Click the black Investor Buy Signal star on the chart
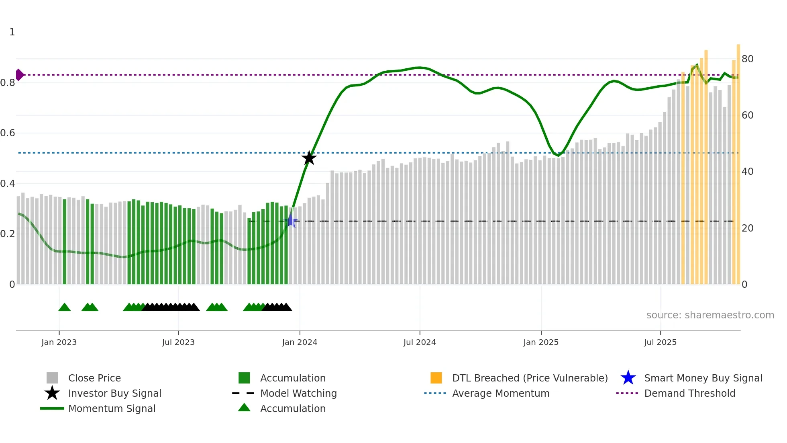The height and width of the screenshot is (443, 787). point(309,158)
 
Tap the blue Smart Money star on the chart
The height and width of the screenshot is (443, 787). point(291,221)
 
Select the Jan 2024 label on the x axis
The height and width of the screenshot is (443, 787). point(300,342)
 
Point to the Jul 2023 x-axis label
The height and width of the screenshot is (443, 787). point(178,342)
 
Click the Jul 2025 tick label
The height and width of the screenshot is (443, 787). point(660,342)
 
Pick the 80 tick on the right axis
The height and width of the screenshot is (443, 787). point(747,59)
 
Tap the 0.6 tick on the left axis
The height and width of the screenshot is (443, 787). point(8,133)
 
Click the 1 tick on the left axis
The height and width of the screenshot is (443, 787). point(12,32)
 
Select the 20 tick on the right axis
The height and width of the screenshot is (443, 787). point(747,228)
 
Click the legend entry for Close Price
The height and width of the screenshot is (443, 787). point(94,378)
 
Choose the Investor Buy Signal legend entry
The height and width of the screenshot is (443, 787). point(114,393)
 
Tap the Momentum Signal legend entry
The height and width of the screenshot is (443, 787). point(112,408)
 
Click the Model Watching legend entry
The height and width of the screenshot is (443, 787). point(298,393)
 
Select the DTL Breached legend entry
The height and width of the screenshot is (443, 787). point(530,378)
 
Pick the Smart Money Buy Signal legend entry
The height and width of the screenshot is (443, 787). point(703,378)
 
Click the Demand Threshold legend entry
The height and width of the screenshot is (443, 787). point(689,393)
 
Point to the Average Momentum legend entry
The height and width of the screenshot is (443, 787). point(500,393)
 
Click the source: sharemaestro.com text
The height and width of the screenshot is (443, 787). point(710,315)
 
